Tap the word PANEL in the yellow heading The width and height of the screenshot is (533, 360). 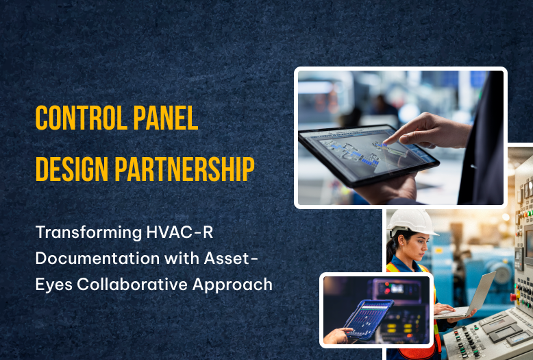(x=166, y=118)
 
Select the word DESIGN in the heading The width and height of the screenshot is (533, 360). (x=72, y=169)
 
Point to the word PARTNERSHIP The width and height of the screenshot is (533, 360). (x=184, y=169)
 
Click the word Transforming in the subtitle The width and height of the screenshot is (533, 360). (x=89, y=233)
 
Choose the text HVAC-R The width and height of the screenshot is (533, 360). (x=179, y=232)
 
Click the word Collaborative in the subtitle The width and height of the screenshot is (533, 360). (x=132, y=284)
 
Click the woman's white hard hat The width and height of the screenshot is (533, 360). (x=411, y=222)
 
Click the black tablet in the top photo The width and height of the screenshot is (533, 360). (x=369, y=156)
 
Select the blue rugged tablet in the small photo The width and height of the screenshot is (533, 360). (x=369, y=320)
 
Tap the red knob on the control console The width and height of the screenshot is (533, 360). (x=513, y=297)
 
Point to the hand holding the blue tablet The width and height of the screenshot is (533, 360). (x=337, y=335)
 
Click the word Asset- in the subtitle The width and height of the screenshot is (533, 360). (x=231, y=259)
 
